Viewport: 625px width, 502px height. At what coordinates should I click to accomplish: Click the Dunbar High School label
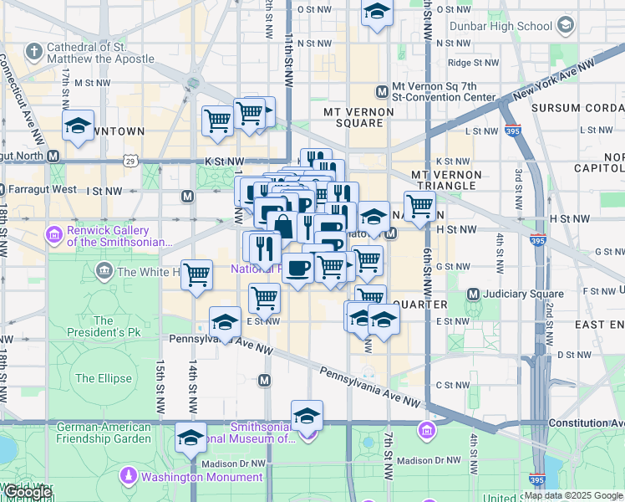point(501,26)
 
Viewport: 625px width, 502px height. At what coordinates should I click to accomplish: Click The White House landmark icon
point(104,270)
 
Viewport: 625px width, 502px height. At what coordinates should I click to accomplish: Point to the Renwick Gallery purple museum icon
point(56,232)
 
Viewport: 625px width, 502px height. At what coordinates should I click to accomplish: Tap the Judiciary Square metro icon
point(474,294)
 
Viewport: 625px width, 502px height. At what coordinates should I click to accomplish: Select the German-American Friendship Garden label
point(104,433)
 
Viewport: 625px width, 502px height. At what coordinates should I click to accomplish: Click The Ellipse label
point(104,378)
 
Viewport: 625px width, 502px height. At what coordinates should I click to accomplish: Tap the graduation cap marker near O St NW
point(377,13)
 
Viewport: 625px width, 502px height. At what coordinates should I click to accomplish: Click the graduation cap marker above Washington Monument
point(191,438)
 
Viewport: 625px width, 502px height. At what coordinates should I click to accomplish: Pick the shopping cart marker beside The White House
point(196,274)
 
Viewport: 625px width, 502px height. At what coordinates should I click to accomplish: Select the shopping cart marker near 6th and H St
point(419,206)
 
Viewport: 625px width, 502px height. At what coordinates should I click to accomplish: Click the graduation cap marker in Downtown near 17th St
point(79,125)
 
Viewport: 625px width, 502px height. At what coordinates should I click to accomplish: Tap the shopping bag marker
point(284,226)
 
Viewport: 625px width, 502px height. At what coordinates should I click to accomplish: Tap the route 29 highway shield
point(130,161)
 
